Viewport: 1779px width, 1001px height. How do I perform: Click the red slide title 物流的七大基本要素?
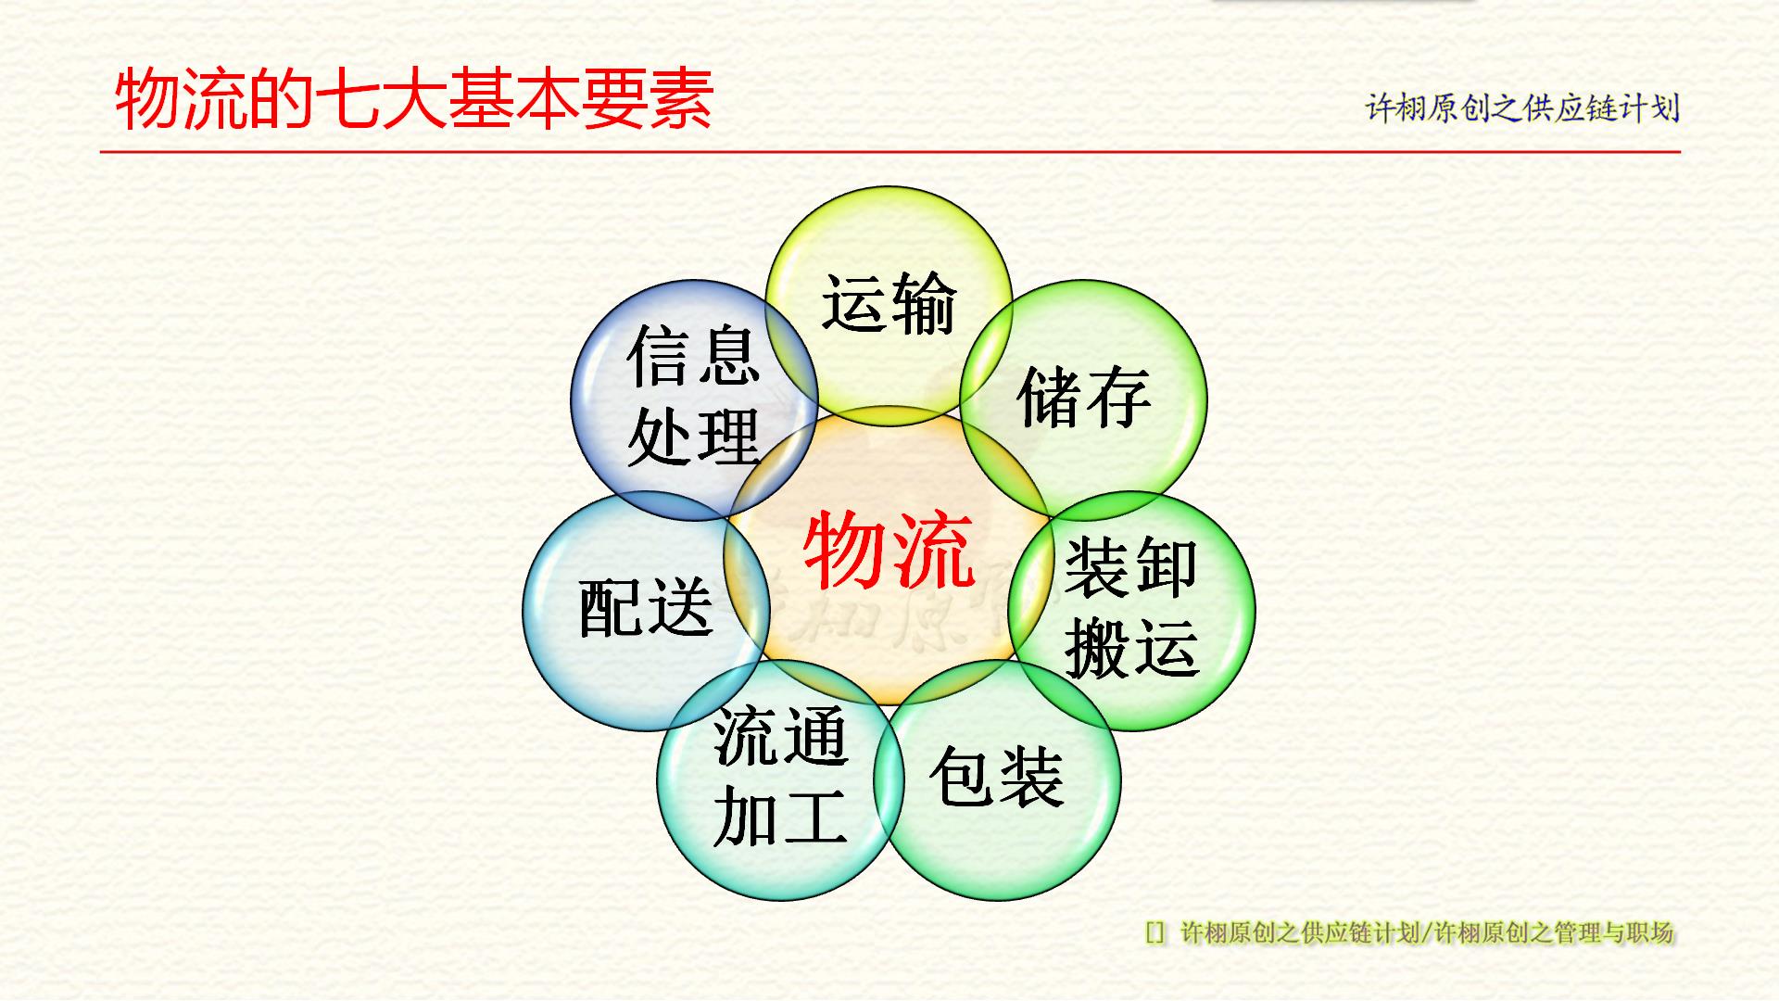(x=413, y=99)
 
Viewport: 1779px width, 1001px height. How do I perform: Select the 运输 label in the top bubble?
(x=889, y=303)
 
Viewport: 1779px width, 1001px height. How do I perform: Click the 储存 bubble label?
(x=1083, y=398)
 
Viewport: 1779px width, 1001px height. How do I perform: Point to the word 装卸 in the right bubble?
(x=1130, y=567)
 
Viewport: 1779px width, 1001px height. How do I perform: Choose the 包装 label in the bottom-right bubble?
(x=996, y=777)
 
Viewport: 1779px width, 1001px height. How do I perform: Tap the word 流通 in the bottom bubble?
(x=780, y=737)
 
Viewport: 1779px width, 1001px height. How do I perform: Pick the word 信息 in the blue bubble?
(x=693, y=357)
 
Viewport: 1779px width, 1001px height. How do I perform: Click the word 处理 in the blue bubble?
(x=693, y=436)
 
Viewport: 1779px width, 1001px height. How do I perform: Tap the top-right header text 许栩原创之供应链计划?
(x=1522, y=108)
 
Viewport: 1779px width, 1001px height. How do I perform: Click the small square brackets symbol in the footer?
(x=1154, y=932)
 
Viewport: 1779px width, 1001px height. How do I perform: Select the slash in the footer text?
(x=1426, y=932)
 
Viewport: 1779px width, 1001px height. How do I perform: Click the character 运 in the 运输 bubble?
(x=854, y=303)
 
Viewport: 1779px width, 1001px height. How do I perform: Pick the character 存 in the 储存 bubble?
(x=1118, y=398)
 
